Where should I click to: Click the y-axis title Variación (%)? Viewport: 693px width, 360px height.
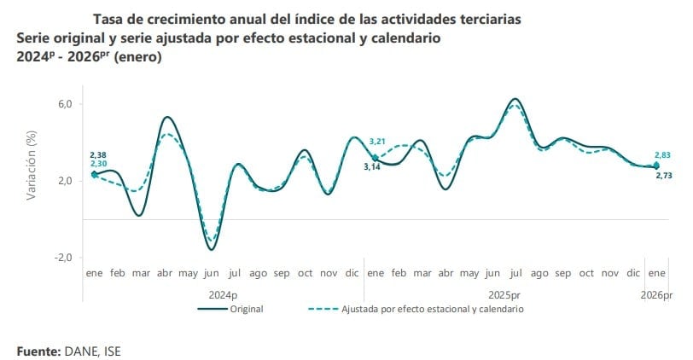(x=32, y=164)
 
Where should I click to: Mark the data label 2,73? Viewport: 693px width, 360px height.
(x=664, y=175)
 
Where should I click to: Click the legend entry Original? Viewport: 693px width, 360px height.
(x=246, y=309)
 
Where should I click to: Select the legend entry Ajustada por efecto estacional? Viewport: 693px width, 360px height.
(x=432, y=309)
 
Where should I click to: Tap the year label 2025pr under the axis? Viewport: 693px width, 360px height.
(x=504, y=294)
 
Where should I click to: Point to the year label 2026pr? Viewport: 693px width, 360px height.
(x=656, y=294)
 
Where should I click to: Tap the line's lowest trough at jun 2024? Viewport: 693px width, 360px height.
(x=211, y=249)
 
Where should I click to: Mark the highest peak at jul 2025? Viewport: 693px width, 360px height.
(x=515, y=99)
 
